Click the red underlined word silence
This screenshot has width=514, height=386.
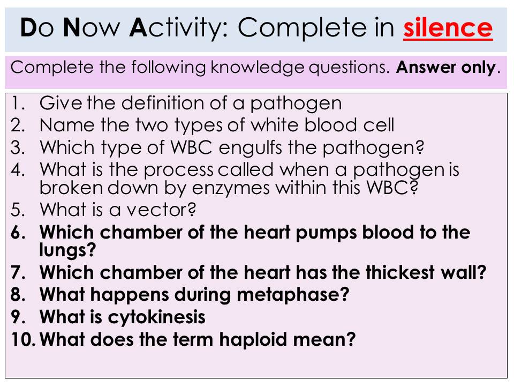(x=448, y=28)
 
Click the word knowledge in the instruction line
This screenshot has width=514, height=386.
(x=258, y=68)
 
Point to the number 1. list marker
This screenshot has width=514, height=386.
(x=18, y=103)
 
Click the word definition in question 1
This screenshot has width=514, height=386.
(x=163, y=103)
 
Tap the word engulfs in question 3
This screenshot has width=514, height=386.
(x=250, y=149)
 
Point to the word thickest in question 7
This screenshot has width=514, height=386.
(x=400, y=272)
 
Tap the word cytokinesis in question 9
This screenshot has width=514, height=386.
(x=157, y=317)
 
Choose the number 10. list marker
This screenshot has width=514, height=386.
(x=23, y=339)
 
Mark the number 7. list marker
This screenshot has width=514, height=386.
(x=18, y=273)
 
